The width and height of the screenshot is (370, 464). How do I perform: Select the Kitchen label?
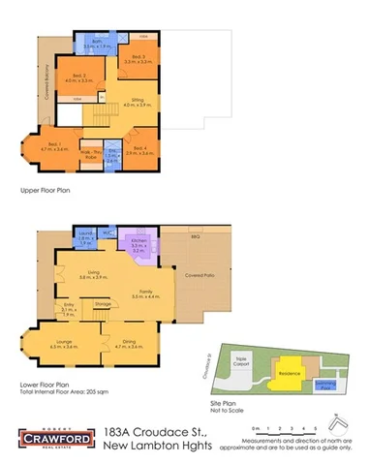click(139, 245)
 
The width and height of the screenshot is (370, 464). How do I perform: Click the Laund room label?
click(85, 235)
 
